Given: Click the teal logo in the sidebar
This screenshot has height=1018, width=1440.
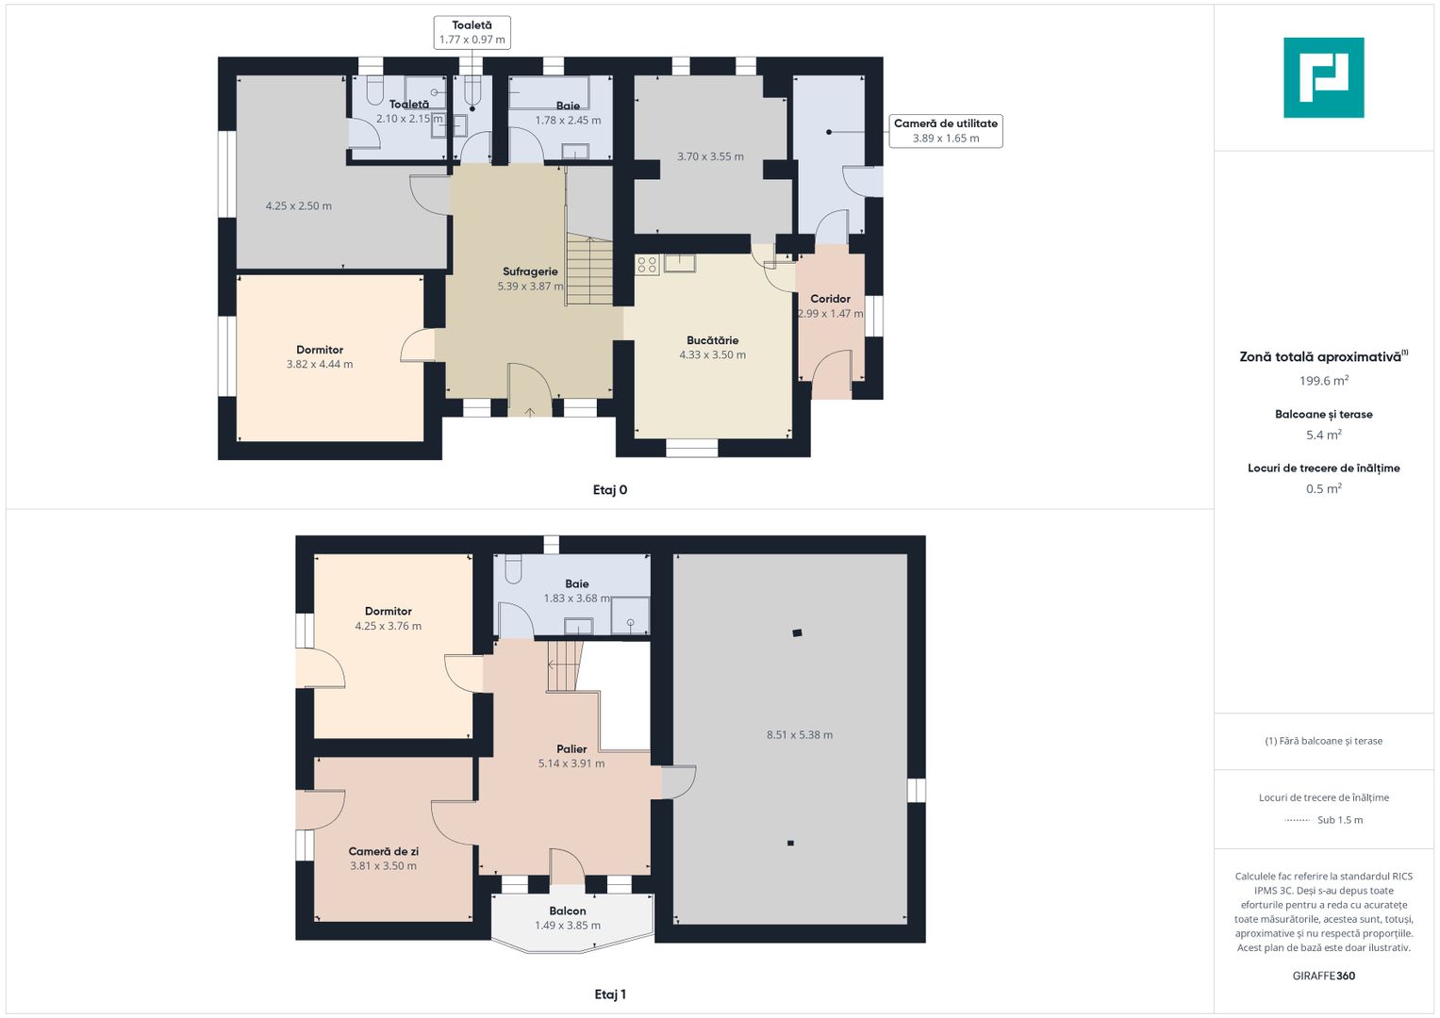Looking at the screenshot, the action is click(1323, 77).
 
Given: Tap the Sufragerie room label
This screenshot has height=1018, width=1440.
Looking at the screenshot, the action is click(530, 271).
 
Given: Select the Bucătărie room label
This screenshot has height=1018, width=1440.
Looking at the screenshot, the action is click(712, 340).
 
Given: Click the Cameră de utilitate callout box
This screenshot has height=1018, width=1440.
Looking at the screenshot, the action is click(946, 130).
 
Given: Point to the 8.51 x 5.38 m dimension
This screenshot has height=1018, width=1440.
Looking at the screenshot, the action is click(799, 734).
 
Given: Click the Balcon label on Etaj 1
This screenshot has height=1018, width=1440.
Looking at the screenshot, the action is click(567, 911).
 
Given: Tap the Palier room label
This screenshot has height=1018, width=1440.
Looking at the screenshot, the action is click(571, 748).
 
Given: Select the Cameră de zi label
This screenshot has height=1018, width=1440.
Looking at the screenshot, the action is click(383, 851).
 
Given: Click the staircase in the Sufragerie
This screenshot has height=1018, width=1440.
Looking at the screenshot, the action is click(588, 270).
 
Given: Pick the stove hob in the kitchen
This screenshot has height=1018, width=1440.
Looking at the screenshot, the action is click(647, 264).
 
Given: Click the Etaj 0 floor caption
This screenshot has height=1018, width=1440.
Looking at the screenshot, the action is click(609, 490).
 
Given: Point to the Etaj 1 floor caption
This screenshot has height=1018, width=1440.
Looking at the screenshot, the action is click(609, 994).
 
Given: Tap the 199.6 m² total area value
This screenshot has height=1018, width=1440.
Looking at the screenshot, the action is click(1324, 381).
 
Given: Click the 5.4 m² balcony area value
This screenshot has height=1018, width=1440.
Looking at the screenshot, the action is click(1324, 435).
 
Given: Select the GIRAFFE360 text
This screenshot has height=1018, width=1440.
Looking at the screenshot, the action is click(1324, 976).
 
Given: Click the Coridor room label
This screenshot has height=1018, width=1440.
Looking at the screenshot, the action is click(830, 299).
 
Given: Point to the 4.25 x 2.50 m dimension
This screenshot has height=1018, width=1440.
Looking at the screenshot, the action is click(298, 205).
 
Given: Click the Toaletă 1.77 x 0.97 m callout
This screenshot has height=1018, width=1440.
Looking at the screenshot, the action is click(472, 32).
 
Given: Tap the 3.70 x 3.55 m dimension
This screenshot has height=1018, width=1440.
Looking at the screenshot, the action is click(710, 156).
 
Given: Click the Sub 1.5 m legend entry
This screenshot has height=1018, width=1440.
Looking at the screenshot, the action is click(1324, 820).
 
